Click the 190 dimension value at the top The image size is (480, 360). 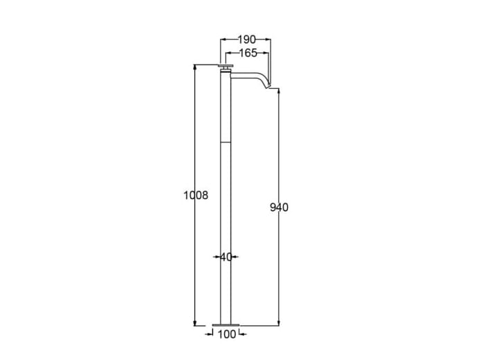(x=246, y=40)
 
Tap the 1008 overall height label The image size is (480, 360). (x=196, y=196)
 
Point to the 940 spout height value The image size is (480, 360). (x=279, y=207)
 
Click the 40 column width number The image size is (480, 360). (x=226, y=257)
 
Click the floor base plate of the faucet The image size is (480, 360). (x=226, y=325)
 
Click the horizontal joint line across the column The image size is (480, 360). (x=226, y=141)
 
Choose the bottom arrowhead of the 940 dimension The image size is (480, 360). (x=279, y=322)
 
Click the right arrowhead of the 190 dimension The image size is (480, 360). (x=268, y=40)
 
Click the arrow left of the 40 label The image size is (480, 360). (x=216, y=257)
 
